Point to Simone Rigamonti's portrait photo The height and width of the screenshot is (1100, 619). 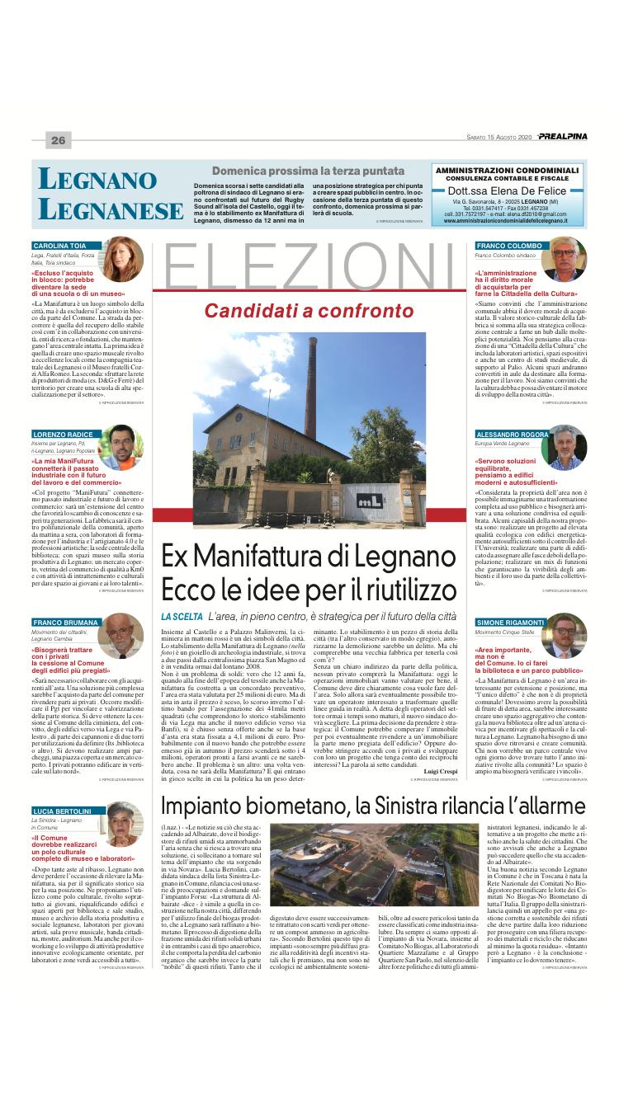565,633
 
